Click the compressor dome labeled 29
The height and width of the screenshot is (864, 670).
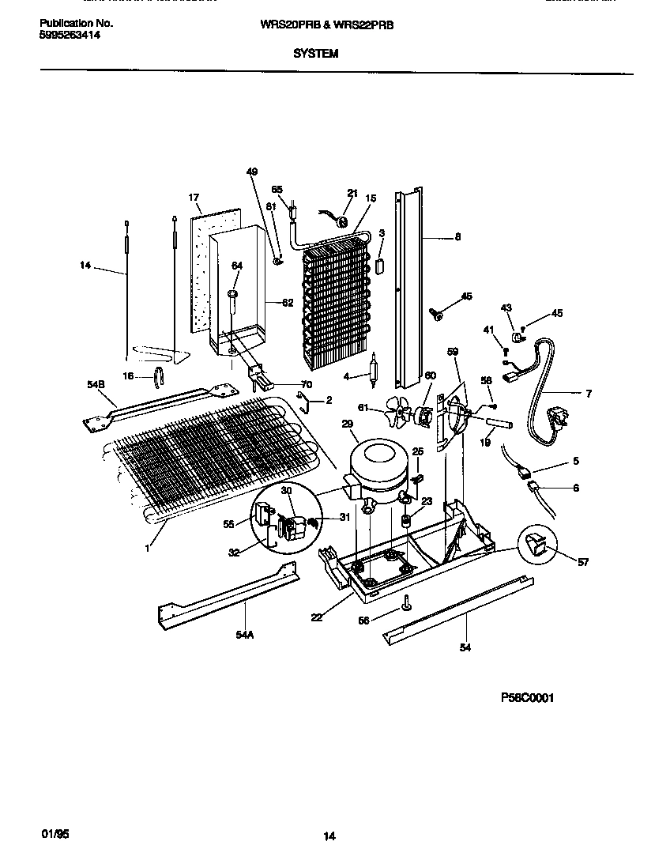click(x=378, y=467)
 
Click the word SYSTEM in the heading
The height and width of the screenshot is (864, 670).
click(x=315, y=55)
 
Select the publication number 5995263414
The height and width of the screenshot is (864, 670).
click(x=70, y=36)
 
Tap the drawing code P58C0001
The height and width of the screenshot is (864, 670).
click(x=527, y=698)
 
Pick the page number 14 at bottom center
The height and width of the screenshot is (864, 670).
click(x=329, y=836)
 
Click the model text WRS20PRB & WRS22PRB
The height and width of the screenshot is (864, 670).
click(x=327, y=25)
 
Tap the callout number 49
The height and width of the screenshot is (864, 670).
click(x=252, y=172)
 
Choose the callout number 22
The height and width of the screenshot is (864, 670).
click(x=317, y=617)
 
